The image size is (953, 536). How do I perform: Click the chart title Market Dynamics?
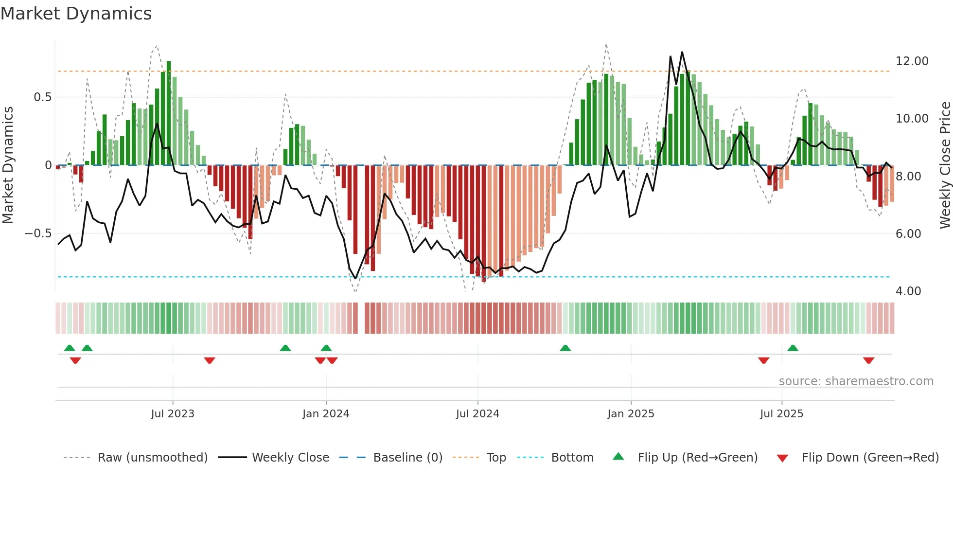point(76,14)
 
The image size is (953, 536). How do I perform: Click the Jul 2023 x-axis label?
point(173,414)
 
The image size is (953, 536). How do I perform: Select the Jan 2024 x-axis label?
point(326,414)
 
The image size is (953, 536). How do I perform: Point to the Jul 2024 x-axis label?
point(477,414)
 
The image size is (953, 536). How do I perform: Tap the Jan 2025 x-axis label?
point(631,414)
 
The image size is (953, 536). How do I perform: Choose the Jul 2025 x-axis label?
point(781,414)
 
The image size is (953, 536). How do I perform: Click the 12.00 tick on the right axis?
point(912,61)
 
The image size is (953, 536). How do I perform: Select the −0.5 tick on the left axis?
point(38,233)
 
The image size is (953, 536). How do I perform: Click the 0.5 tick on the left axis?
point(42,97)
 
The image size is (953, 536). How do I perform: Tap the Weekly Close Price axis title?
point(945,165)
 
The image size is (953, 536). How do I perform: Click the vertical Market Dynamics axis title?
point(8,165)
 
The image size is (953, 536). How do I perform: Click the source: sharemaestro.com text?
point(856,381)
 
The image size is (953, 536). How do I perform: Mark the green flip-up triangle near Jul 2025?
point(793,348)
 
